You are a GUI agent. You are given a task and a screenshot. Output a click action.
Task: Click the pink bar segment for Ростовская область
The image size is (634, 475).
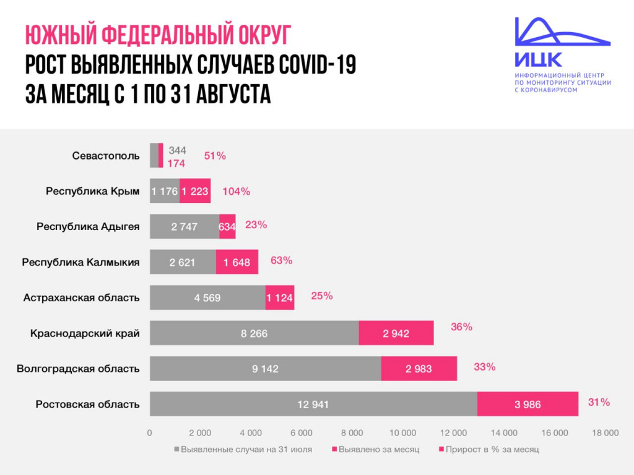[528, 404]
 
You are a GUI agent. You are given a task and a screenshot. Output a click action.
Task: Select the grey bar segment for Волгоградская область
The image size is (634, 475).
[265, 369]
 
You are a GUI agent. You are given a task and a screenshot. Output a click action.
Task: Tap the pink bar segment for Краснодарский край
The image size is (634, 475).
[396, 333]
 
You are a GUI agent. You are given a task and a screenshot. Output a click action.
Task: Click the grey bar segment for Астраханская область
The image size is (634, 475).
[207, 297]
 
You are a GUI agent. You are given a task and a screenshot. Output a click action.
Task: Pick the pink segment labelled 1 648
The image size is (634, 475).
[237, 262]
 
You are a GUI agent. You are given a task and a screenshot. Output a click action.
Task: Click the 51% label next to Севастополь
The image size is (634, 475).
[215, 156]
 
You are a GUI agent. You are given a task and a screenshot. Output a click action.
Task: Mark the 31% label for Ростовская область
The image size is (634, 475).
[599, 403]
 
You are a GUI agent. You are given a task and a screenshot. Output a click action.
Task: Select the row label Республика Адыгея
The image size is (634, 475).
[88, 227]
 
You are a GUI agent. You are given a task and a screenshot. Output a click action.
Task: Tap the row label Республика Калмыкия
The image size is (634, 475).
[80, 262]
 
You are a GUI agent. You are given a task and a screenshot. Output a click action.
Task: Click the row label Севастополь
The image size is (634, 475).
[106, 156]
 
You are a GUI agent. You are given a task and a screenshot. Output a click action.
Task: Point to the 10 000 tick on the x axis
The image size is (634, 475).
[402, 433]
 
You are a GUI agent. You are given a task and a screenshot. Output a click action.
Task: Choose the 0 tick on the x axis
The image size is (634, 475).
[150, 433]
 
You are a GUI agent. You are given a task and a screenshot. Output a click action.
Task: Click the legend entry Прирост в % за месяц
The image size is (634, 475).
[492, 449]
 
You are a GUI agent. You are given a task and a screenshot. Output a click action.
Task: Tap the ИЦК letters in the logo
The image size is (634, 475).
[538, 60]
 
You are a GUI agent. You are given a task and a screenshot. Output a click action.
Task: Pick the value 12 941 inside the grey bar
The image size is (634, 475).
[313, 404]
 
